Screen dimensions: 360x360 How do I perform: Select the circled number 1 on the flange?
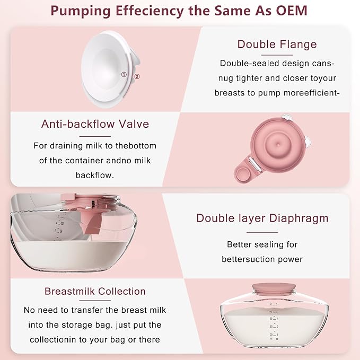pyautogui.click(x=124, y=75)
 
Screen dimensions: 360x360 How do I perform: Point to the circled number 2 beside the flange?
pyautogui.click(x=137, y=76)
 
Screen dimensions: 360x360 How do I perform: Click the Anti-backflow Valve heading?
pyautogui.click(x=95, y=124)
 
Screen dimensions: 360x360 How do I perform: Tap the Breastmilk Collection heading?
pyautogui.click(x=95, y=291)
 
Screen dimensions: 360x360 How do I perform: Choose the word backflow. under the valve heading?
pyautogui.click(x=95, y=174)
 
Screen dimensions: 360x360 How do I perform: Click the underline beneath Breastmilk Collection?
pyautogui.click(x=95, y=301)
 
